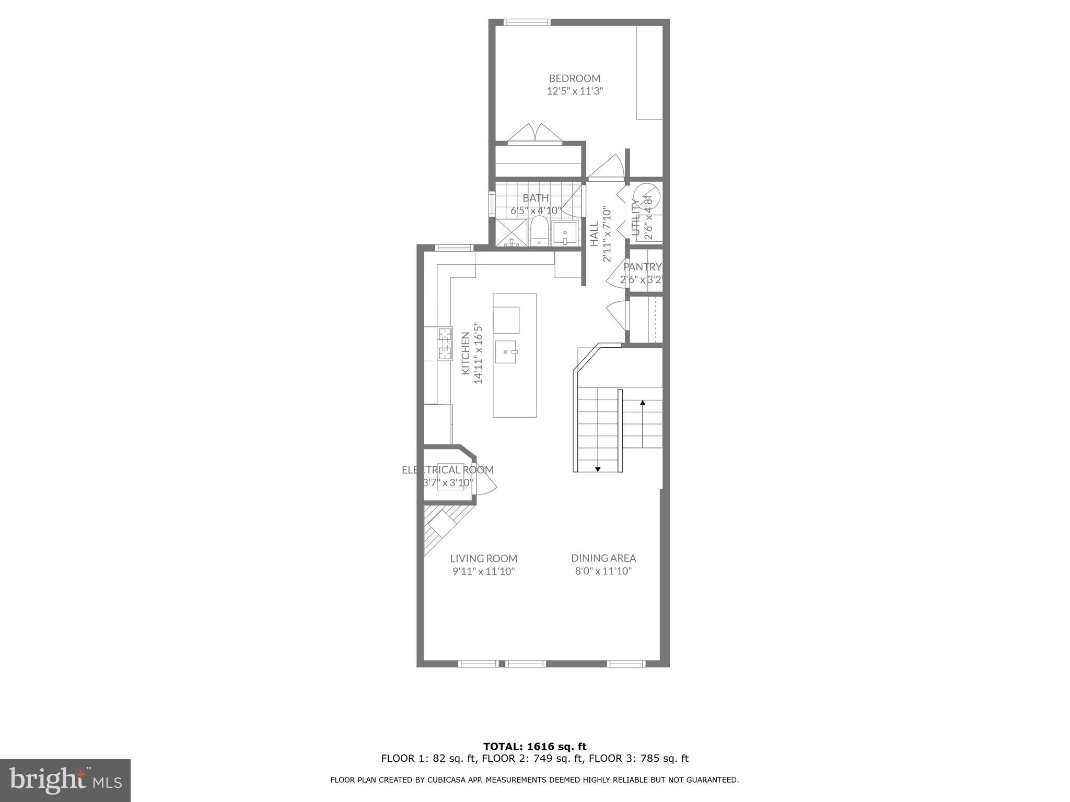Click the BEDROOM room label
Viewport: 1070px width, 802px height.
tap(574, 78)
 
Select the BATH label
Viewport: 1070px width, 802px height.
tap(536, 198)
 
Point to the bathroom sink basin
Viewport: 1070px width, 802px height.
tap(565, 233)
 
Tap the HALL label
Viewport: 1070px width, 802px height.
tap(594, 234)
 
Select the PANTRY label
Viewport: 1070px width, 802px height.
tap(642, 267)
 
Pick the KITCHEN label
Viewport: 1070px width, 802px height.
tap(465, 353)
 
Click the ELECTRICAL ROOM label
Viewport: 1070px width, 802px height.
tap(447, 470)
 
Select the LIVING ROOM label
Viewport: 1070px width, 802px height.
tap(483, 559)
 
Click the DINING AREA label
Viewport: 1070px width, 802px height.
tap(603, 558)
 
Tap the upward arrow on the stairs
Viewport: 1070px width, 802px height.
tap(642, 403)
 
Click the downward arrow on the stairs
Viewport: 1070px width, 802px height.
tap(598, 469)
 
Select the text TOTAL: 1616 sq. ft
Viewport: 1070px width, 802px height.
tap(534, 747)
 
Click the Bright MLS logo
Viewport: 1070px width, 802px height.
tap(65, 780)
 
